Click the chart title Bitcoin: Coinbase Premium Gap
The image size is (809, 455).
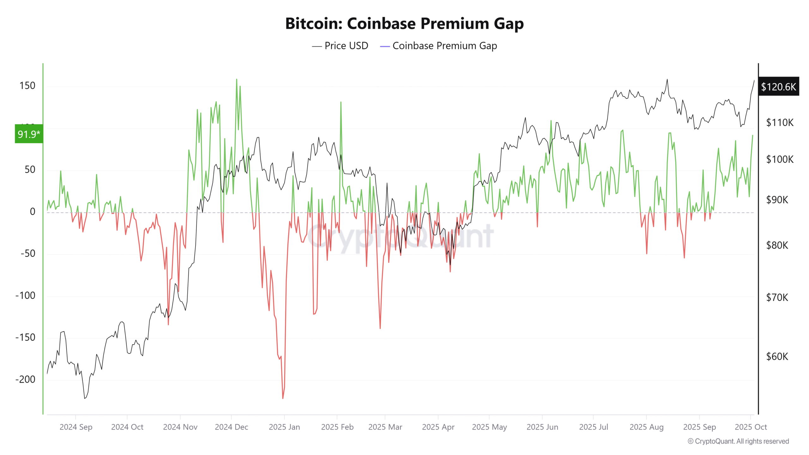pyautogui.click(x=404, y=24)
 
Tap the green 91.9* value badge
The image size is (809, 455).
pyautogui.click(x=29, y=134)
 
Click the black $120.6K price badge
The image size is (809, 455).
pyautogui.click(x=778, y=87)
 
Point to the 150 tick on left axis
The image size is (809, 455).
pyautogui.click(x=27, y=86)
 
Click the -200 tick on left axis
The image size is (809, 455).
pyautogui.click(x=25, y=379)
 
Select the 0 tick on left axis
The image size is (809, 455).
pyautogui.click(x=33, y=212)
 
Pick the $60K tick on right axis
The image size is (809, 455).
pyautogui.click(x=777, y=356)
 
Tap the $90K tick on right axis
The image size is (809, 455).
pyautogui.click(x=777, y=200)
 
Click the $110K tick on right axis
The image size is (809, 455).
pyautogui.click(x=779, y=122)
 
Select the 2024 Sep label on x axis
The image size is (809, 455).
pyautogui.click(x=76, y=427)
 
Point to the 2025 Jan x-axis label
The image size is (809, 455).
pyautogui.click(x=284, y=427)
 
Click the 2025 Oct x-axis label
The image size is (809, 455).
pyautogui.click(x=751, y=427)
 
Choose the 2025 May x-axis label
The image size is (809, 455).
pyautogui.click(x=489, y=427)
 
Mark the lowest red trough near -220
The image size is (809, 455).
pyautogui.click(x=283, y=398)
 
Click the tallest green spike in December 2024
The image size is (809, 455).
pyautogui.click(x=236, y=80)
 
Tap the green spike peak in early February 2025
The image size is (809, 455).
pyautogui.click(x=341, y=102)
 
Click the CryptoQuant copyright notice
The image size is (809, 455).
pyautogui.click(x=738, y=441)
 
